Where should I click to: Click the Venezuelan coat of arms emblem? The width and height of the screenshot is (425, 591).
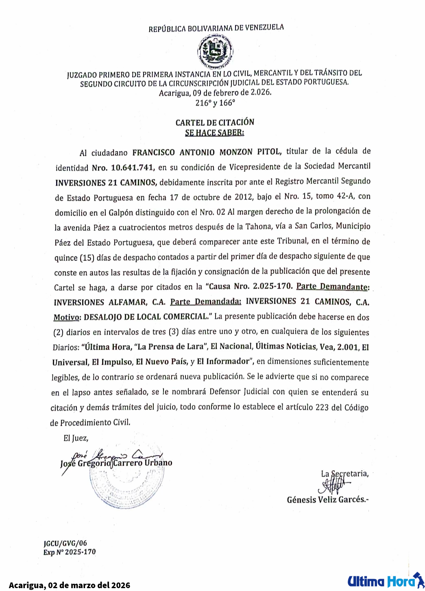point(215,52)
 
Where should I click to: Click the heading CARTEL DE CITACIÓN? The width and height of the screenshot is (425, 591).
point(215,122)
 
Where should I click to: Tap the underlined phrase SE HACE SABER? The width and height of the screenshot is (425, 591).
point(214,133)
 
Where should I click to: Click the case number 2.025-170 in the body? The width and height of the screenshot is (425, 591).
point(272,286)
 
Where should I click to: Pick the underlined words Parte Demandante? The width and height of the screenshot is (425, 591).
point(332,287)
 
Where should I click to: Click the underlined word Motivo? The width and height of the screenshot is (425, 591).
point(66,317)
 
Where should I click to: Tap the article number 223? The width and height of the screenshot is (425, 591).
point(322,407)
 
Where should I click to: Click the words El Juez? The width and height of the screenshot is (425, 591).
point(76,438)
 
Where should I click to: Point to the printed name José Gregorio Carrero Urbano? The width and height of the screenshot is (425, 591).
point(116,463)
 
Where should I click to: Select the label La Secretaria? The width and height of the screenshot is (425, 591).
point(345,474)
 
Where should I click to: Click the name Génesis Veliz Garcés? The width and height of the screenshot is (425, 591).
point(327,500)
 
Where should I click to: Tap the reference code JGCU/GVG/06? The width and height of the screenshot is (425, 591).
point(65,543)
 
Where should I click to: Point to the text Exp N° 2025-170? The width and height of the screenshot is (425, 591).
point(70,552)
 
